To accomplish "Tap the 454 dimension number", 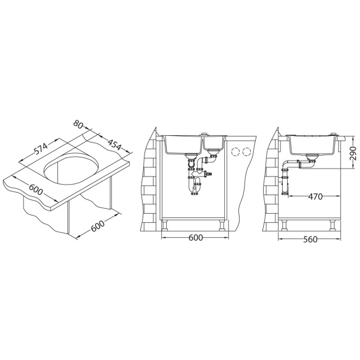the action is pos(114,144).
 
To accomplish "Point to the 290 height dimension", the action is pos(353,153).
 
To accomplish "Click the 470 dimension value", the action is pos(315,196).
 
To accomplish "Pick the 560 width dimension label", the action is pos(310,240).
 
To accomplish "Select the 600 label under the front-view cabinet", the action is pos(196,238).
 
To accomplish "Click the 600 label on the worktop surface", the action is pos(36,189).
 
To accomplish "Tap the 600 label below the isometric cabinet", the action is pos(98,225).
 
